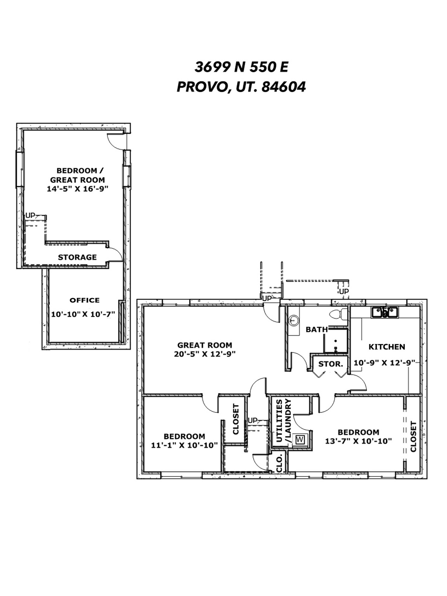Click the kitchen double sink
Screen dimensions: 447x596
[x=385, y=312]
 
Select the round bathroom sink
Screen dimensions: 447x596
[x=294, y=321]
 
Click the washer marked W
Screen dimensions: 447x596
[x=300, y=440]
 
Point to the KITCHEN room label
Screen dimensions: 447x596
[x=386, y=347]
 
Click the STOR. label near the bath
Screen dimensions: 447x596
[x=331, y=364]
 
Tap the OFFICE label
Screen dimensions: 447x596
[x=85, y=300]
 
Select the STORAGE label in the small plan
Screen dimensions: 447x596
[x=77, y=257]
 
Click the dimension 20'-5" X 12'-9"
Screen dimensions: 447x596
[x=204, y=354]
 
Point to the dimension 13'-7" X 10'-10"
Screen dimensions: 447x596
[x=358, y=441]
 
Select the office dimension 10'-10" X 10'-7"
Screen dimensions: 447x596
[x=83, y=314]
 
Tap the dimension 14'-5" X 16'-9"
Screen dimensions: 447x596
[x=78, y=189]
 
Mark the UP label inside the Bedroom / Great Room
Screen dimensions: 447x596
[x=30, y=215]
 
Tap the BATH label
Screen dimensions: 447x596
[x=317, y=329]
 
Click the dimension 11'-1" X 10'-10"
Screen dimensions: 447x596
[x=185, y=445]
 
